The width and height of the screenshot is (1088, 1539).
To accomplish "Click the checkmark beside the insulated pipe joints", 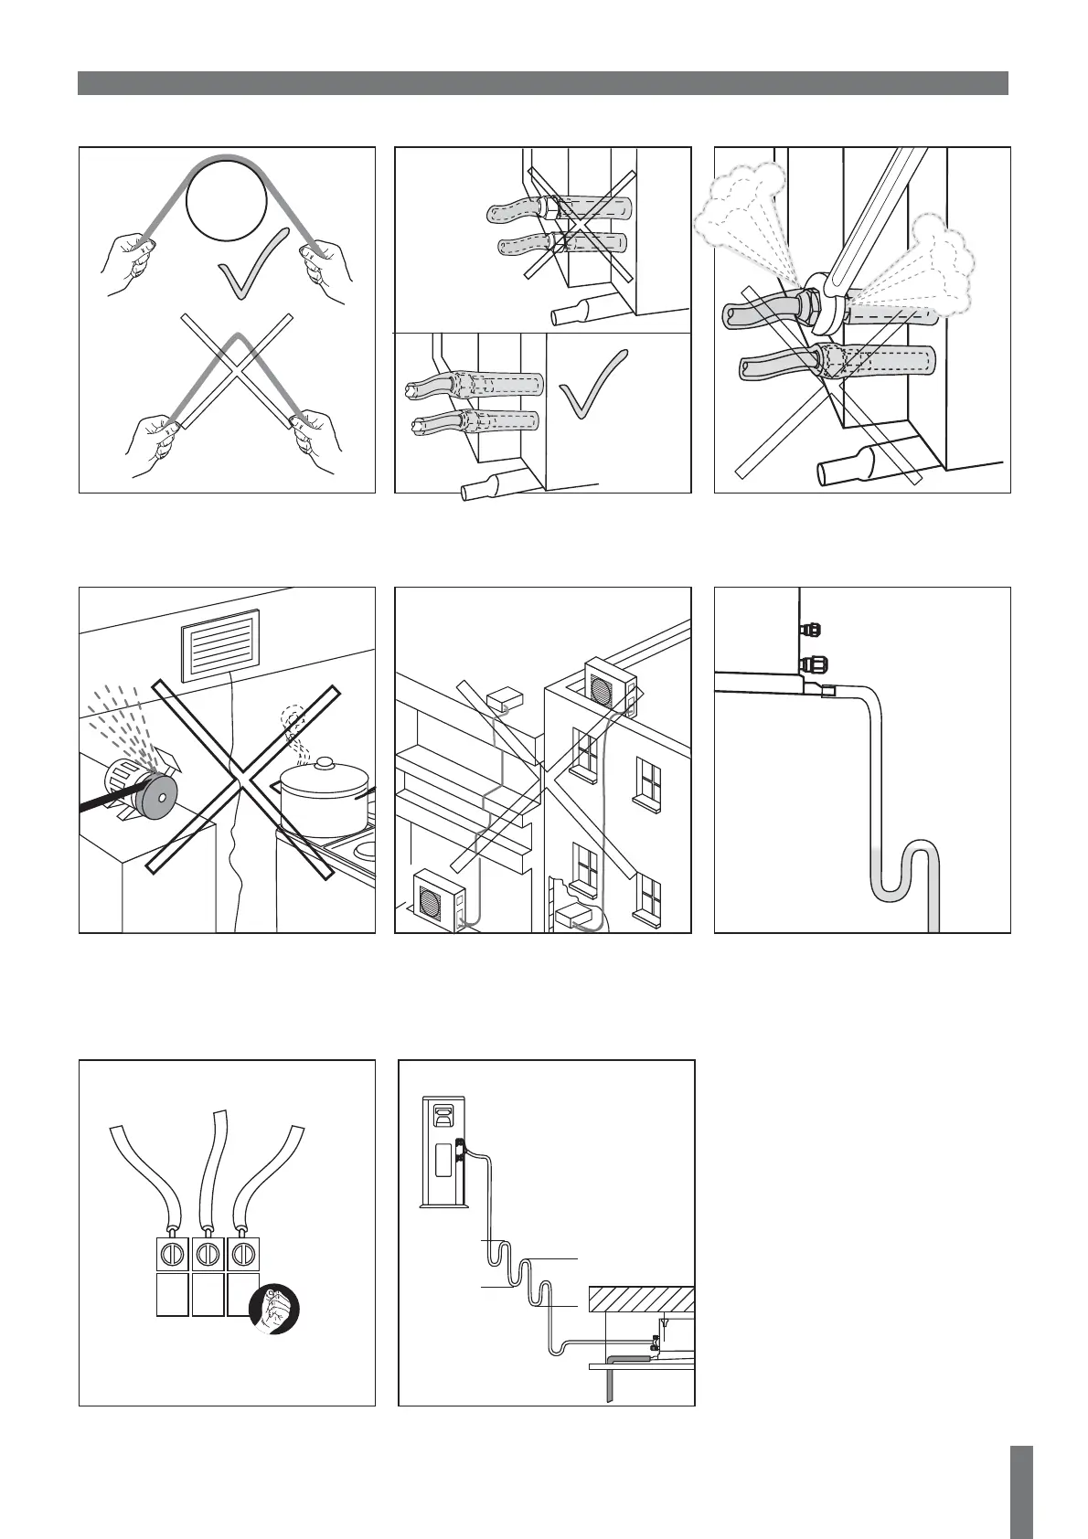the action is (x=592, y=385).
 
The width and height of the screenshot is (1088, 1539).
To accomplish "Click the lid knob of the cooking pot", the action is (x=324, y=761).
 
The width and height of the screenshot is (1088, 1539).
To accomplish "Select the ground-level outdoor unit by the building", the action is (x=437, y=902).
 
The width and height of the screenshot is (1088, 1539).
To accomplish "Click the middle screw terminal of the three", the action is (x=208, y=1253).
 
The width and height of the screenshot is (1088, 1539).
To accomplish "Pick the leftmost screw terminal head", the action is (x=172, y=1253).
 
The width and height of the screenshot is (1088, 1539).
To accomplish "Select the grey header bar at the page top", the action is (x=543, y=83).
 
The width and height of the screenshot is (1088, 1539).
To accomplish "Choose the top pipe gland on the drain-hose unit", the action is (x=808, y=629).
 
